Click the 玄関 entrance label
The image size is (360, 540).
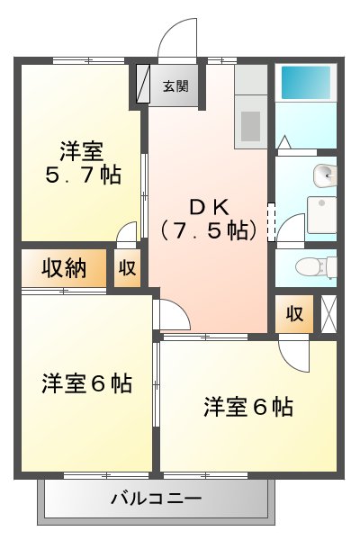click(x=175, y=86)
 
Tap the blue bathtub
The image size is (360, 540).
click(x=306, y=84)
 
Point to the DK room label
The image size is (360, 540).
click(x=206, y=204)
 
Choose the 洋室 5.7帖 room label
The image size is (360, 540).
click(x=81, y=162)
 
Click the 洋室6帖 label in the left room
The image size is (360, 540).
click(x=86, y=384)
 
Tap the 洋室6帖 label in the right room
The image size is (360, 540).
click(x=247, y=407)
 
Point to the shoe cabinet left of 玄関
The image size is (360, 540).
click(x=143, y=86)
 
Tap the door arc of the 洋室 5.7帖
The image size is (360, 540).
click(x=128, y=232)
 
